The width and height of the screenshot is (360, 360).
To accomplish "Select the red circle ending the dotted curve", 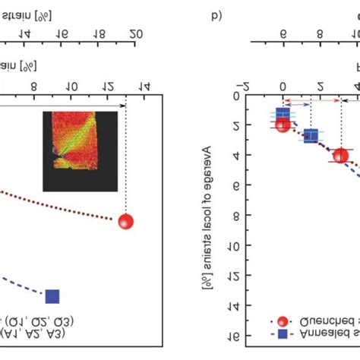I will click(x=125, y=222).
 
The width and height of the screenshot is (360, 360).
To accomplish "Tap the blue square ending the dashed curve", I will click(x=52, y=296).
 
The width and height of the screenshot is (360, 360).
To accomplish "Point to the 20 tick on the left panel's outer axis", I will click(x=137, y=33).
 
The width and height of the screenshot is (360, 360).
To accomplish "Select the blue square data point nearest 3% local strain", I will click(x=311, y=137).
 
